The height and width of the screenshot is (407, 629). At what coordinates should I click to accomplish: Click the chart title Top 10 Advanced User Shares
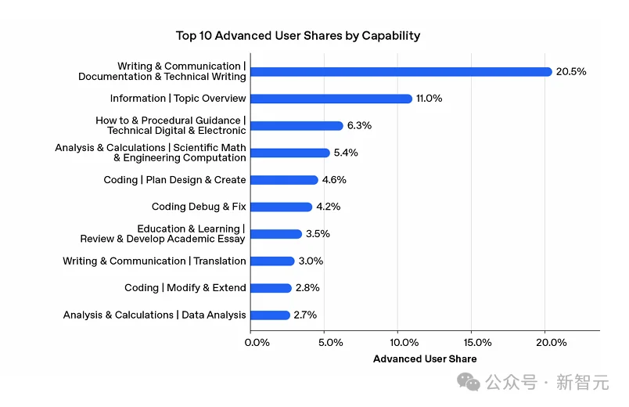tap(298, 35)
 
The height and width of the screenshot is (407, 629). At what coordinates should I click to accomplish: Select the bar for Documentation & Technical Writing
tap(401, 71)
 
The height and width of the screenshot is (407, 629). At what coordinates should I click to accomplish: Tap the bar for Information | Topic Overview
tap(331, 99)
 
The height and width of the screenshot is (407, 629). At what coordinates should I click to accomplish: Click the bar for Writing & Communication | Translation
tap(272, 261)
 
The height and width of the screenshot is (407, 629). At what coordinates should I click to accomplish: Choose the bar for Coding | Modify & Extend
tap(271, 288)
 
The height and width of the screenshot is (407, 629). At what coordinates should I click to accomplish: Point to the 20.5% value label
tap(571, 71)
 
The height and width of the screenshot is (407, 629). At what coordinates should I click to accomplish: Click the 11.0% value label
tap(430, 99)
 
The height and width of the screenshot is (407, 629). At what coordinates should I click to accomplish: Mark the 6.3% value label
tap(360, 126)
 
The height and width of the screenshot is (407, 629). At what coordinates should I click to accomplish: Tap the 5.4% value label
tap(346, 153)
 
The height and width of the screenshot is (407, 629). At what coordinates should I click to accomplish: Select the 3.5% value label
tap(318, 234)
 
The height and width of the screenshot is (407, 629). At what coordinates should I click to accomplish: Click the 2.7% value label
tap(305, 315)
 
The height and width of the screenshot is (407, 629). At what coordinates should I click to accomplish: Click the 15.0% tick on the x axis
tap(477, 343)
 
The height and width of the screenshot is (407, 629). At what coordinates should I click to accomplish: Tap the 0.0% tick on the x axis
tap(258, 343)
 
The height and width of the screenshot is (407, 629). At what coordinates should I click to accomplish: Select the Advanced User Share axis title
tap(425, 359)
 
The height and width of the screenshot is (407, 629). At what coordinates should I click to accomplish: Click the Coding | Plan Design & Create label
tap(174, 180)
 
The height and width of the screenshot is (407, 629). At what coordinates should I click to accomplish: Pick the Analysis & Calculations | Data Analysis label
tap(154, 315)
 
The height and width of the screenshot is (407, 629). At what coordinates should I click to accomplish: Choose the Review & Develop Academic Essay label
tap(163, 239)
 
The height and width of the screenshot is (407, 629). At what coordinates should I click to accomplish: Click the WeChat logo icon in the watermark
tap(469, 382)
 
